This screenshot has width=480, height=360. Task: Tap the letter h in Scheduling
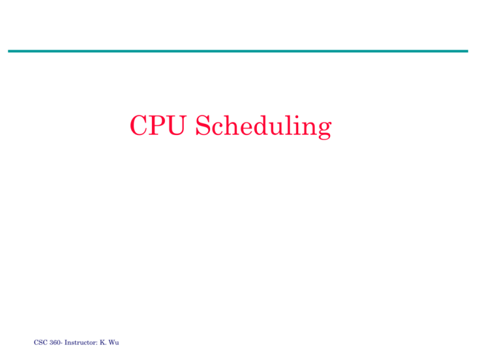coord(227,126)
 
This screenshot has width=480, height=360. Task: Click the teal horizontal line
coord(237,51)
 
